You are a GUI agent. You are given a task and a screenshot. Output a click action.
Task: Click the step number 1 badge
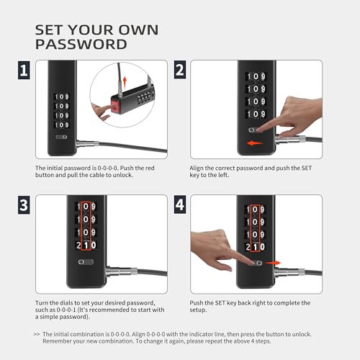pyautogui.click(x=24, y=70)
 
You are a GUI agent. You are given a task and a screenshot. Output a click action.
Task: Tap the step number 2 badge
pyautogui.click(x=180, y=70)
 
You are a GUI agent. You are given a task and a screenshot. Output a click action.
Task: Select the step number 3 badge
pyautogui.click(x=24, y=205)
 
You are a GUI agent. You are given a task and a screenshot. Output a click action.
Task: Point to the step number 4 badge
pyautogui.click(x=180, y=204)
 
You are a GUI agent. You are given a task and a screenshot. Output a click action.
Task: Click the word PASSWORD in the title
pyautogui.click(x=81, y=45)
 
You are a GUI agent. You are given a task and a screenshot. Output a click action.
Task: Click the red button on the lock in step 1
pyautogui.click(x=115, y=106)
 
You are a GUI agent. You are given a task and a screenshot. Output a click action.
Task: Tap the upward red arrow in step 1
pyautogui.click(x=125, y=82)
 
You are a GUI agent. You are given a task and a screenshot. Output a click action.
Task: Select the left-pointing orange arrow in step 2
pyautogui.click(x=255, y=143)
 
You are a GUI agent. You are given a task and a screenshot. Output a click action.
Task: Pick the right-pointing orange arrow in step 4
pyautogui.click(x=273, y=263)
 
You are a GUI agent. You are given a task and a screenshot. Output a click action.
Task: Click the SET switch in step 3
pyautogui.click(x=86, y=262)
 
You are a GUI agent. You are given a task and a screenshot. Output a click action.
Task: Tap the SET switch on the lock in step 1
pyautogui.click(x=61, y=137)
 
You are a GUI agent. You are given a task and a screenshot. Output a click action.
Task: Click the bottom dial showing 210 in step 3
pyautogui.click(x=86, y=246)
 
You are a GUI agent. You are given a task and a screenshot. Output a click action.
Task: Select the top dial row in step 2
pyautogui.click(x=256, y=76)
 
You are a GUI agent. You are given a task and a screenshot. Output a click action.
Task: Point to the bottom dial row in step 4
pyautogui.click(x=255, y=247)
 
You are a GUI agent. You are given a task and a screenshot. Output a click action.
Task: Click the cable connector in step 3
pyautogui.click(x=122, y=272)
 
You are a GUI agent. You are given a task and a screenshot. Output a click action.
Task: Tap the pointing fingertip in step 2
pyautogui.click(x=258, y=130)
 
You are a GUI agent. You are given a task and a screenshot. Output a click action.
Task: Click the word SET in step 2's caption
pyautogui.click(x=307, y=168)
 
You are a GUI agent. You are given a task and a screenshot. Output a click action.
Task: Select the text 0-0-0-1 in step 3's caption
pyautogui.click(x=66, y=310)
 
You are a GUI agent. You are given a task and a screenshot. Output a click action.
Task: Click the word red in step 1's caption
pyautogui.click(x=150, y=168)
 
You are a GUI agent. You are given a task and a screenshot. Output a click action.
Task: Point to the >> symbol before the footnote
pyautogui.click(x=37, y=334)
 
